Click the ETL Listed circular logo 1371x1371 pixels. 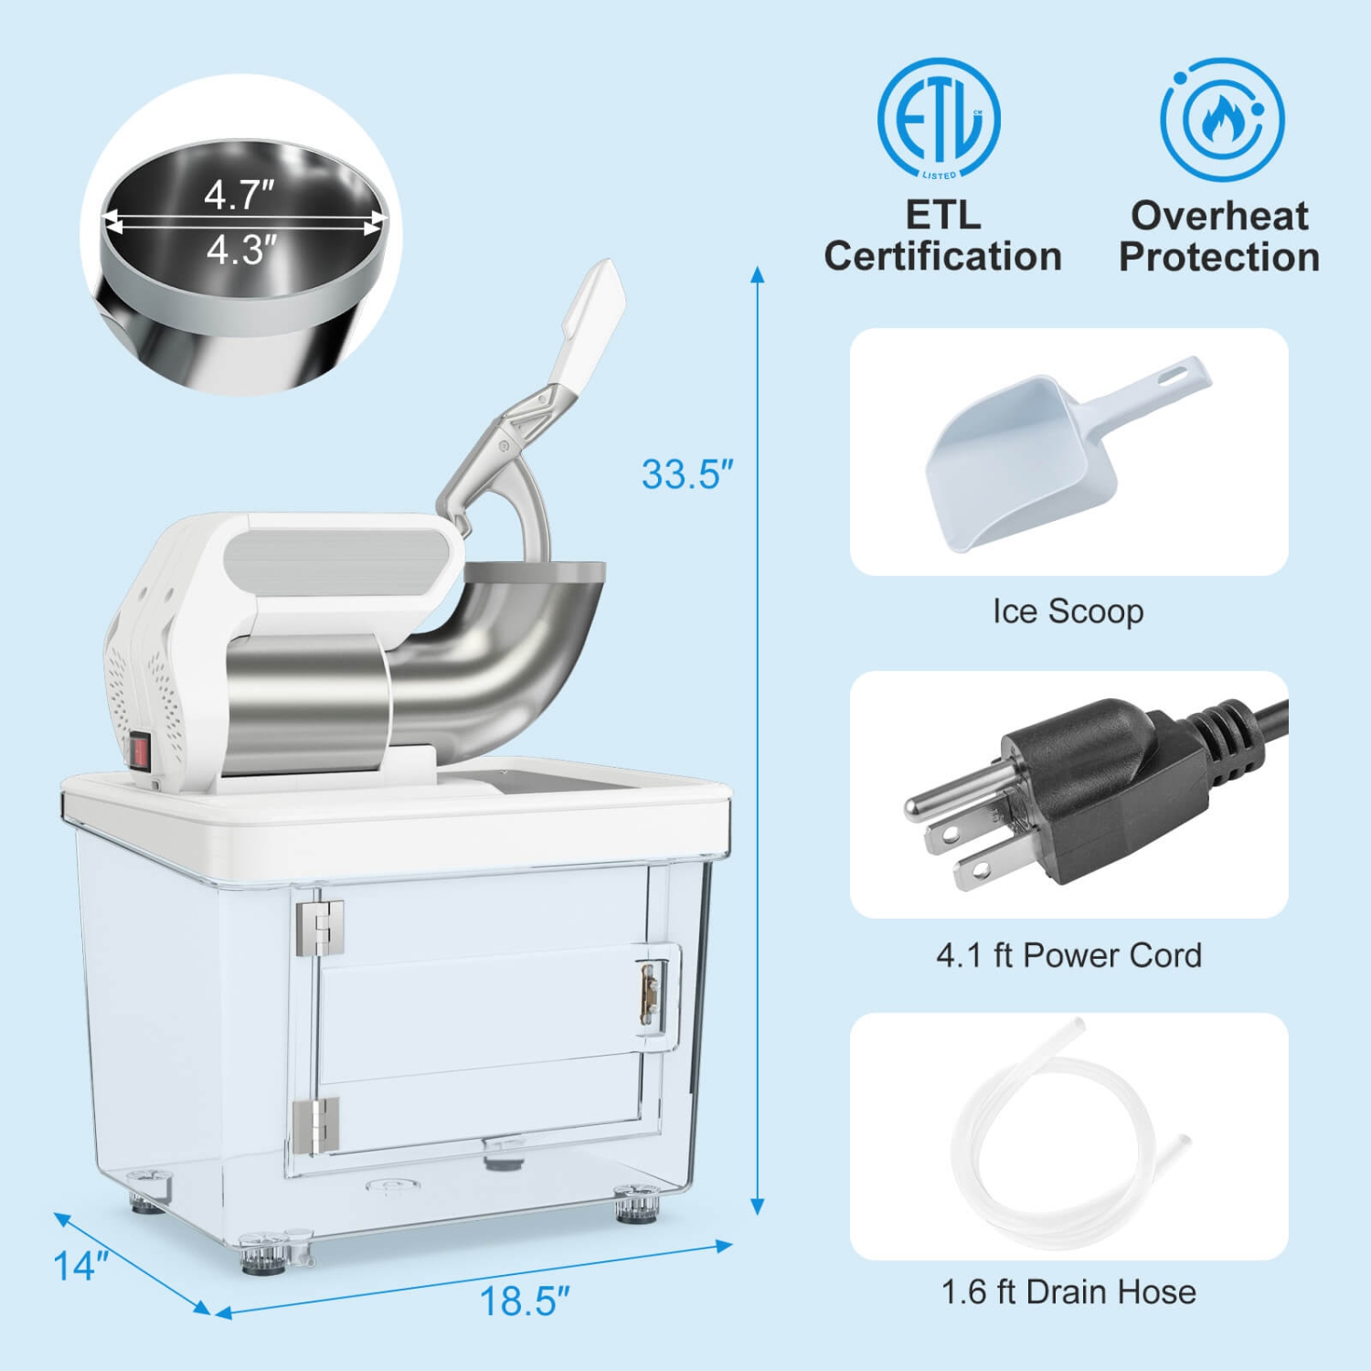click(x=939, y=119)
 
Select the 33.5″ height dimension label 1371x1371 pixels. click(x=687, y=474)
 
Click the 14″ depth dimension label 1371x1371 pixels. click(x=80, y=1266)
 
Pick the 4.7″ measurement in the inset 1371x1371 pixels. click(x=239, y=194)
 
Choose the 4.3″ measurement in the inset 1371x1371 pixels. click(x=240, y=250)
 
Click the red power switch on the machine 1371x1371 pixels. click(x=139, y=751)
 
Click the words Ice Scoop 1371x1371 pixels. click(x=1068, y=611)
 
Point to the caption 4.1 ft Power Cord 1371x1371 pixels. click(x=1068, y=955)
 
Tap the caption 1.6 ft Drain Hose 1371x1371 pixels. click(x=1068, y=1291)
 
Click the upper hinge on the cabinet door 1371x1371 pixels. click(x=319, y=927)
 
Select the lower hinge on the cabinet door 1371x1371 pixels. click(x=316, y=1124)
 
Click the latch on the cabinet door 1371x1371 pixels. click(x=650, y=993)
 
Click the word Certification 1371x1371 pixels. click(x=942, y=256)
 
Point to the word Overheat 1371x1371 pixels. click(x=1219, y=216)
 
